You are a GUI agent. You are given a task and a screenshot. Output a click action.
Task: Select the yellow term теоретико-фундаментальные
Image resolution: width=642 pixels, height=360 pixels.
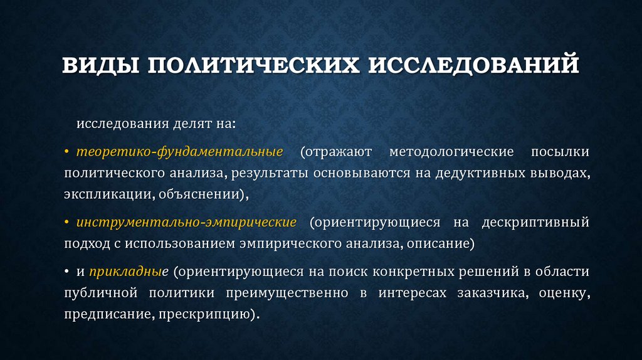pos(180,152)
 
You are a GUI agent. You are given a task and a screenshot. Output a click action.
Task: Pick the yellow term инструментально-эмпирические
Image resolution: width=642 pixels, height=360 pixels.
pos(186,223)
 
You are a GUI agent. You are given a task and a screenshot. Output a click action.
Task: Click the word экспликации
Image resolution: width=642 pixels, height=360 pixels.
pos(104,194)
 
